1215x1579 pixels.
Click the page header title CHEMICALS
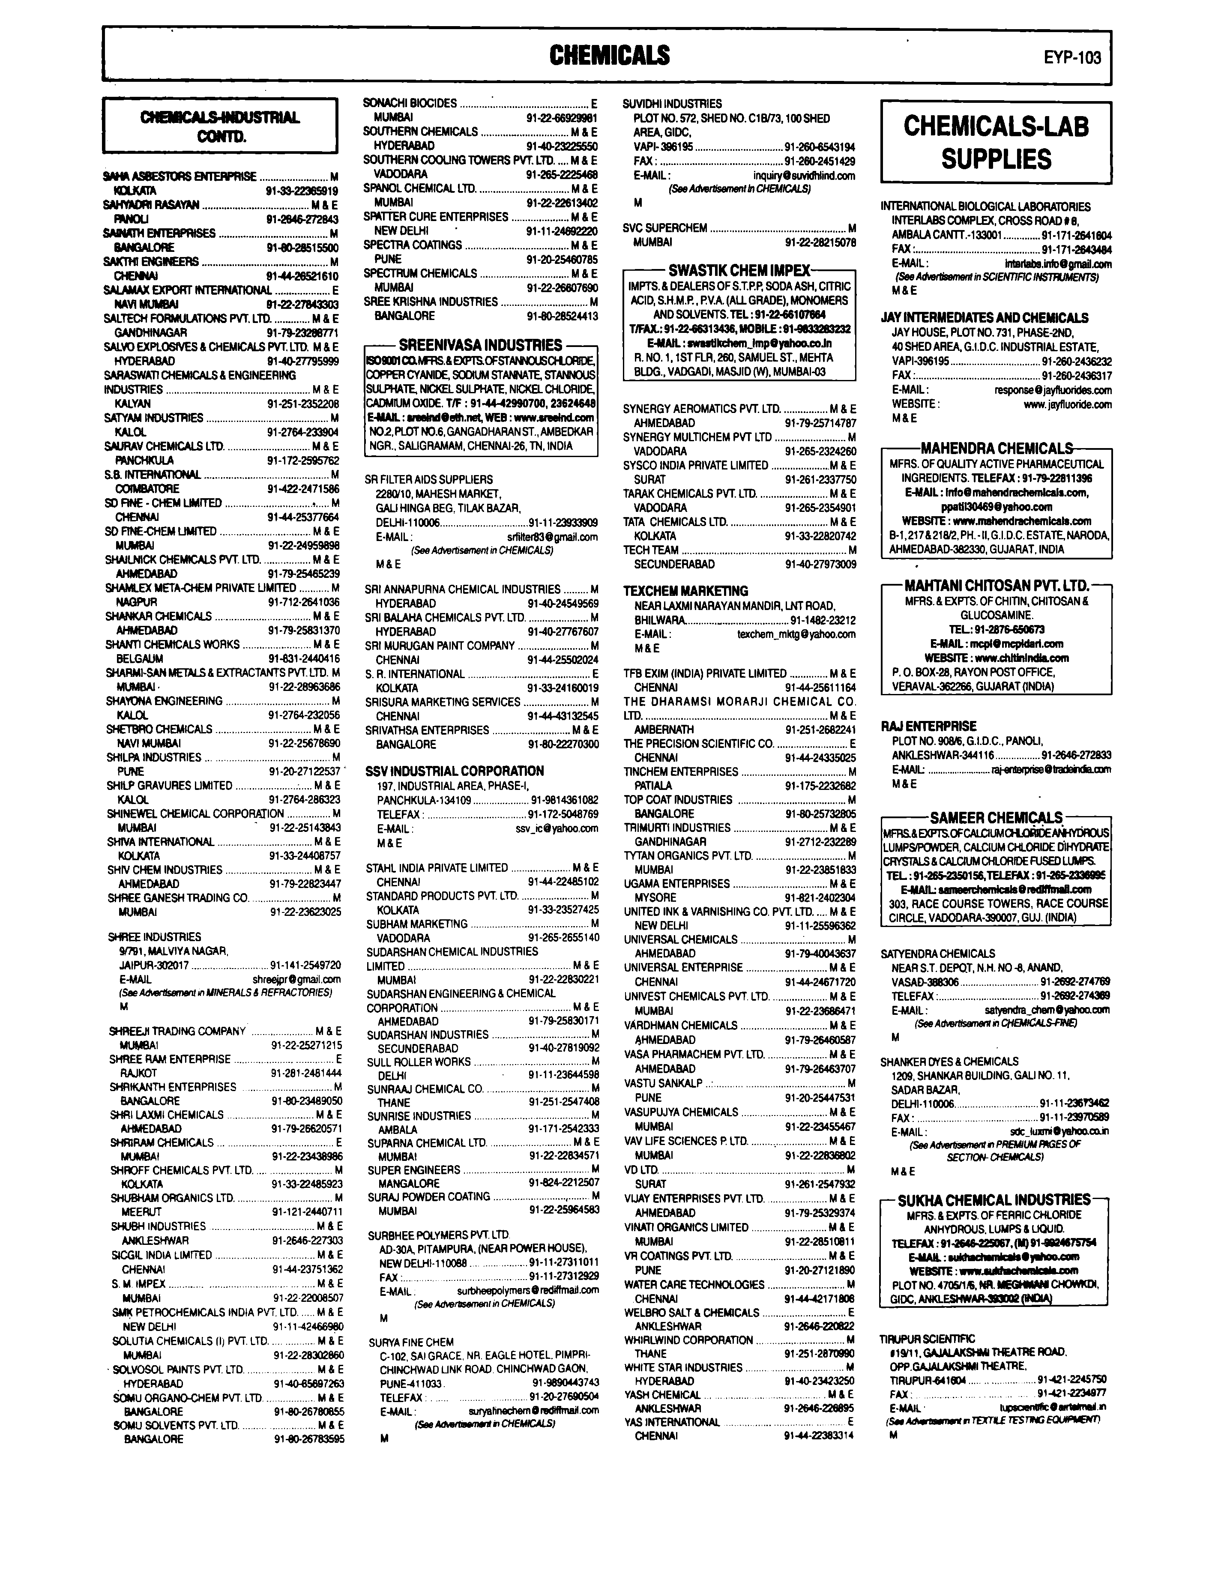coord(609,55)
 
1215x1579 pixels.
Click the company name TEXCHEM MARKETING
coord(685,591)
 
